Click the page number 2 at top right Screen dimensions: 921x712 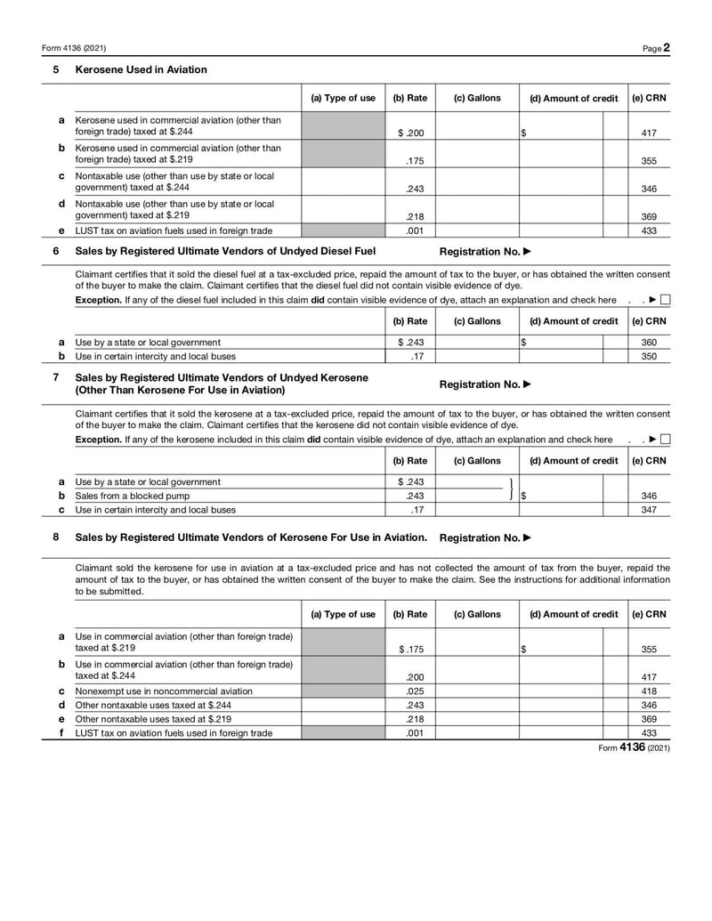point(666,47)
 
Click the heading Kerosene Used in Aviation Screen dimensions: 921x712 point(141,69)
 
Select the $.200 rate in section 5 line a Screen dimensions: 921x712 point(410,133)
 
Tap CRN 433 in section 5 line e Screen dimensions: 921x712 point(648,230)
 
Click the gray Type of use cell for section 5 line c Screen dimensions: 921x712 point(343,182)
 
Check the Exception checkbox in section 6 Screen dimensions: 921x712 point(665,301)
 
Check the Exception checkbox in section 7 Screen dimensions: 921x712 point(665,440)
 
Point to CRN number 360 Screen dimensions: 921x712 point(648,342)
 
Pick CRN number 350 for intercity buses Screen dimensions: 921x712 point(648,356)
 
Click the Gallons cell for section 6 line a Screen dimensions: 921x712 point(477,342)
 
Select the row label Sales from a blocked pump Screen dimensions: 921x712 point(132,496)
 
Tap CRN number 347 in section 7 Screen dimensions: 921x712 point(648,510)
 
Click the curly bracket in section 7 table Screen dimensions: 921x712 point(512,489)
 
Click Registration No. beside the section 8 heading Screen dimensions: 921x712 point(485,537)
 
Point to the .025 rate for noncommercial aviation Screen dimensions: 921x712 point(414,691)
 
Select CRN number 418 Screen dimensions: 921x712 point(648,691)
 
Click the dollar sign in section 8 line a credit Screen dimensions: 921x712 point(523,650)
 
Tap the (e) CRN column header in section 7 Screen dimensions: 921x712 point(648,461)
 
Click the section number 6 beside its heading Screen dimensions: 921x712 point(56,251)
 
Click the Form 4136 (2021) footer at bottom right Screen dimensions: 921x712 point(634,748)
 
